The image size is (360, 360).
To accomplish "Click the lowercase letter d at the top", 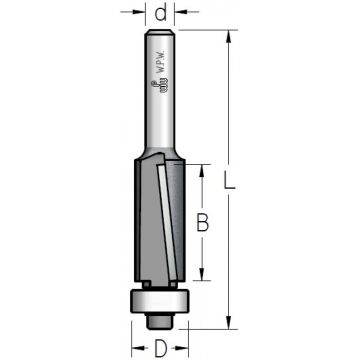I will click(x=161, y=14).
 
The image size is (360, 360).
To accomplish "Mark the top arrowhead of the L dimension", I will click(x=229, y=37).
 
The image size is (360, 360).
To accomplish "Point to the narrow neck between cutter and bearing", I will click(x=160, y=283).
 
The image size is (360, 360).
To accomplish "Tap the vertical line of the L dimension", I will click(x=229, y=120).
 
